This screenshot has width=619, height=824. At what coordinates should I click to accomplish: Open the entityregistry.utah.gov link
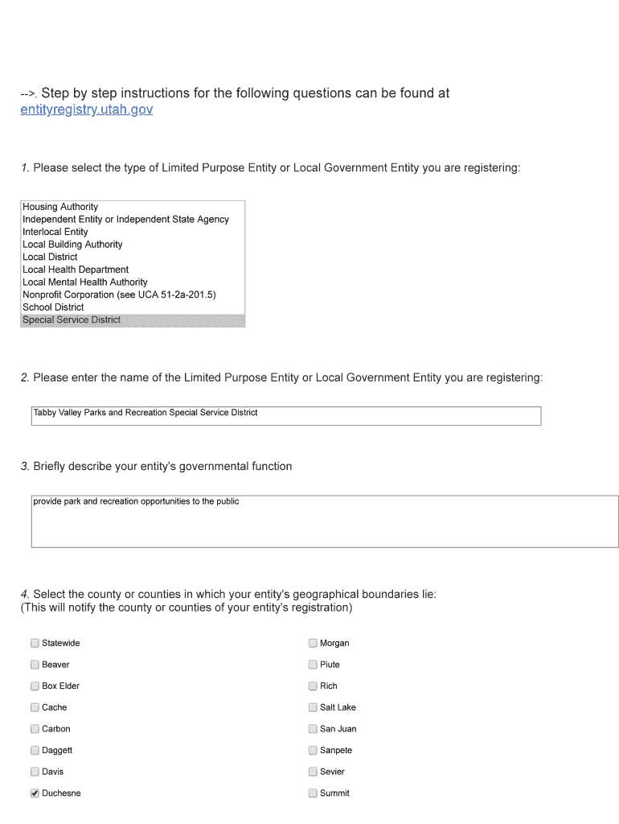(x=86, y=109)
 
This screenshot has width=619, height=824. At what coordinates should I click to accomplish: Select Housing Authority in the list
(x=60, y=207)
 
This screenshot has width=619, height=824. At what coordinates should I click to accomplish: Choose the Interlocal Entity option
(x=55, y=232)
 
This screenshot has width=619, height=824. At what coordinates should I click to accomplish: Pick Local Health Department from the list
(x=76, y=270)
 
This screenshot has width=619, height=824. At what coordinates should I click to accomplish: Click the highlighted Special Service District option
(x=72, y=320)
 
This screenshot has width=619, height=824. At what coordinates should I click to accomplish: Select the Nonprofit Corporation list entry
(x=119, y=295)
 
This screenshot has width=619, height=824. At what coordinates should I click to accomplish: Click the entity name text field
(x=285, y=415)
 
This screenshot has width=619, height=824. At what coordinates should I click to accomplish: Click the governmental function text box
(x=324, y=521)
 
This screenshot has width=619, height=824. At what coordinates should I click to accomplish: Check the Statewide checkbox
(x=35, y=643)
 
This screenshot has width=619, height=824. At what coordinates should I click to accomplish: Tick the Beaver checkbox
(x=35, y=665)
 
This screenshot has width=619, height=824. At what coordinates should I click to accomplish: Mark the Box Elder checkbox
(x=35, y=686)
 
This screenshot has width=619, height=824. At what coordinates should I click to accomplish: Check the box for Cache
(x=35, y=707)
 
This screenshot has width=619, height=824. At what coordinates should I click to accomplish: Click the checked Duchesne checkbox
(x=35, y=793)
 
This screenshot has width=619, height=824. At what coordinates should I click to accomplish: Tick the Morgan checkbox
(x=313, y=643)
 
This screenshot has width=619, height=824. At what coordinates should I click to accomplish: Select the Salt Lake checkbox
(x=313, y=707)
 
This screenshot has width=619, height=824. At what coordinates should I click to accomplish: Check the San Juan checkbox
(x=313, y=729)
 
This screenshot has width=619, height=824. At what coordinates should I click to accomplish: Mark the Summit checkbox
(x=313, y=793)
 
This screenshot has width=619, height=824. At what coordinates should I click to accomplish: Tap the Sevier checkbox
(x=313, y=772)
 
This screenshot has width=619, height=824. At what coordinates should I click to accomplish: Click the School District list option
(x=53, y=307)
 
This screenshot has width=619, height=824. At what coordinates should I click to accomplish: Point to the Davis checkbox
(x=35, y=772)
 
